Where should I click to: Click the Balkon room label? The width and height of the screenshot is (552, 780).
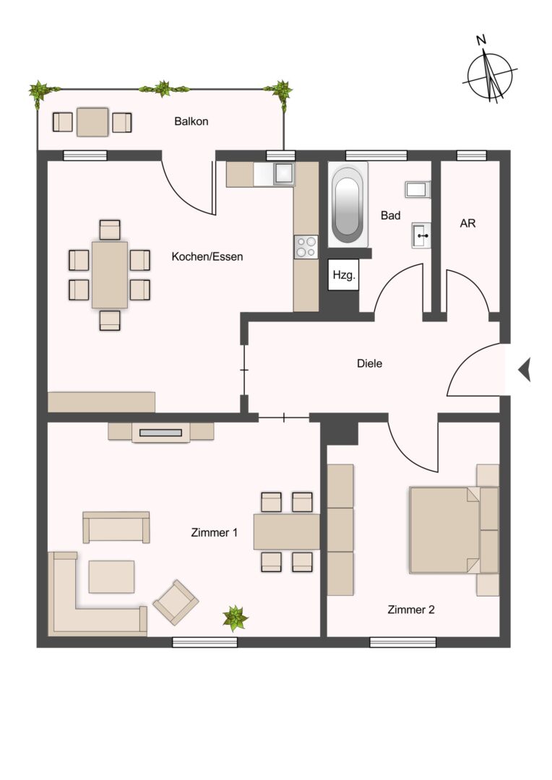point(191,121)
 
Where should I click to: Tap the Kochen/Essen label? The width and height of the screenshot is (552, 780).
point(207,256)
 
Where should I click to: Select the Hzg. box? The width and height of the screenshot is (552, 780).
point(343,275)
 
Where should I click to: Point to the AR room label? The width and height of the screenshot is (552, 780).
point(468,223)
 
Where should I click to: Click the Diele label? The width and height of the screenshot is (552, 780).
point(370,363)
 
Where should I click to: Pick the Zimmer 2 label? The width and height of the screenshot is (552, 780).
point(411,610)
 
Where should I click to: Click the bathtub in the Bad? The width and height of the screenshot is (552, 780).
point(348,204)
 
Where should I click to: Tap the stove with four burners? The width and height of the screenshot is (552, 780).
point(306,247)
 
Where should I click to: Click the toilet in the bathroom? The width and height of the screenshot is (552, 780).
point(418,189)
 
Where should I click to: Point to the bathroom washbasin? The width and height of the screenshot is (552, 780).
point(421,235)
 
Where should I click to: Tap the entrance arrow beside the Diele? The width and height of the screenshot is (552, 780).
point(525,370)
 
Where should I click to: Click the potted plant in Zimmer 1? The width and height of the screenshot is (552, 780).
point(235,618)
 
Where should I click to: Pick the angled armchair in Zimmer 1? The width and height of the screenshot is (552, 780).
point(176,602)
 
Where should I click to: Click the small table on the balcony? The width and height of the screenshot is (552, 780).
point(92,122)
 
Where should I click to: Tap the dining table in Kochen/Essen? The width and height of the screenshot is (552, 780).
point(110,274)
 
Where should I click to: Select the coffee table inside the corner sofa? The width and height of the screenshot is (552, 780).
point(111,576)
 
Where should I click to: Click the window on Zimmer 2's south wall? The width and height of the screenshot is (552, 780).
point(403,642)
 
